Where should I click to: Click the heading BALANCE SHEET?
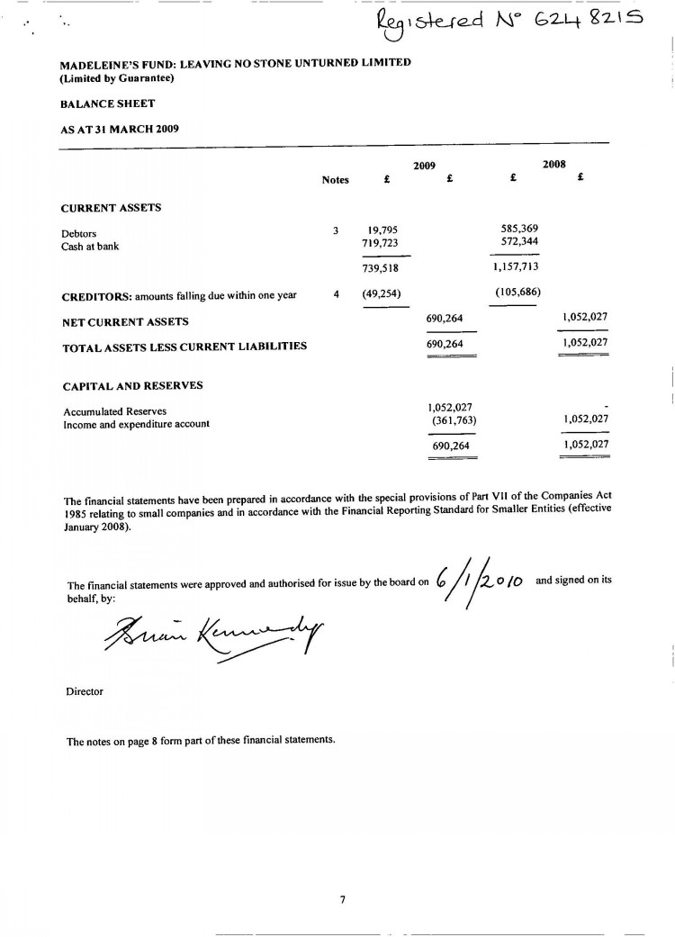pos(107,104)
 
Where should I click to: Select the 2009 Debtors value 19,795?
pos(382,230)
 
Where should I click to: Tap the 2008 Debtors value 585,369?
pos(519,229)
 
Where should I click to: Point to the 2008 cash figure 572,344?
pos(519,242)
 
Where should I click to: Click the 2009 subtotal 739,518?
pos(379,267)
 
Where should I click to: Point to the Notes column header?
pos(335,180)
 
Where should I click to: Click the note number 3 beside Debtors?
pos(335,230)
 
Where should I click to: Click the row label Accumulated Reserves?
pos(114,411)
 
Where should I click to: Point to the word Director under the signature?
pos(85,692)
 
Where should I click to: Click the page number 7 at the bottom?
pos(342,898)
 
